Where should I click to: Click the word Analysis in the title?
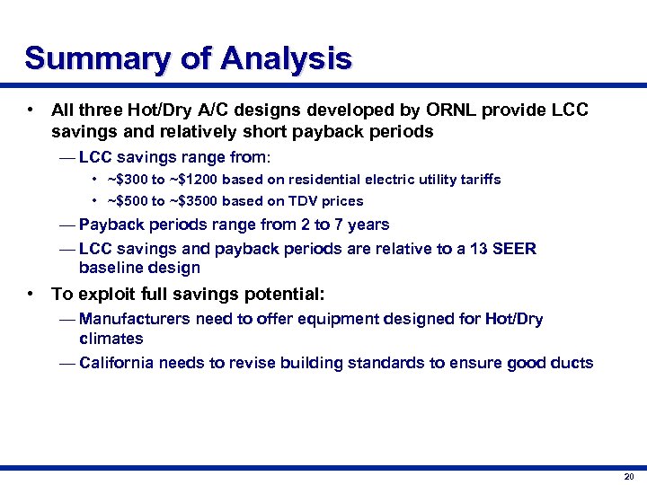point(286,59)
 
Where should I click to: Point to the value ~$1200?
point(192,180)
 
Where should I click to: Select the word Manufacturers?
point(133,320)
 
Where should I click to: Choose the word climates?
point(111,339)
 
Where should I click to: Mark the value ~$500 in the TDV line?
point(127,201)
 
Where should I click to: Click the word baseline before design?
point(110,269)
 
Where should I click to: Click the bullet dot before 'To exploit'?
point(31,295)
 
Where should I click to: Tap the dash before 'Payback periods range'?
point(66,225)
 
